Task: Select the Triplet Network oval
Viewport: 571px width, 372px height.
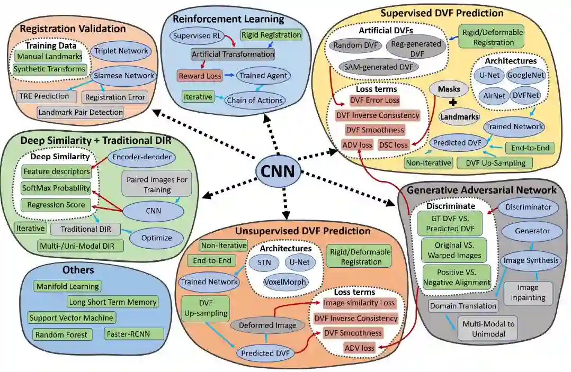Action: point(120,51)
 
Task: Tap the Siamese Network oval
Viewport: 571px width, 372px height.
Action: point(122,75)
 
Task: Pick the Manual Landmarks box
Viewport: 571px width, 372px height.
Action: point(49,56)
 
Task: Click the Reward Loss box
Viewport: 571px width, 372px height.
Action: point(199,76)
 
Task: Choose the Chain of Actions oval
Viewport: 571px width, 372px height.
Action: point(255,99)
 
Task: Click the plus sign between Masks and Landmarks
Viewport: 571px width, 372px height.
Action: point(453,103)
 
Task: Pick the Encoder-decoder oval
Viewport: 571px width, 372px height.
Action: point(139,157)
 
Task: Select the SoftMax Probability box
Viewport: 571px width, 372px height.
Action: point(56,188)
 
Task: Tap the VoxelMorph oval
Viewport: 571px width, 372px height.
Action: point(285,282)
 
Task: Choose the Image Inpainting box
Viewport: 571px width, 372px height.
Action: point(528,292)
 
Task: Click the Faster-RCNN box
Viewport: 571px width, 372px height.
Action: point(133,334)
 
